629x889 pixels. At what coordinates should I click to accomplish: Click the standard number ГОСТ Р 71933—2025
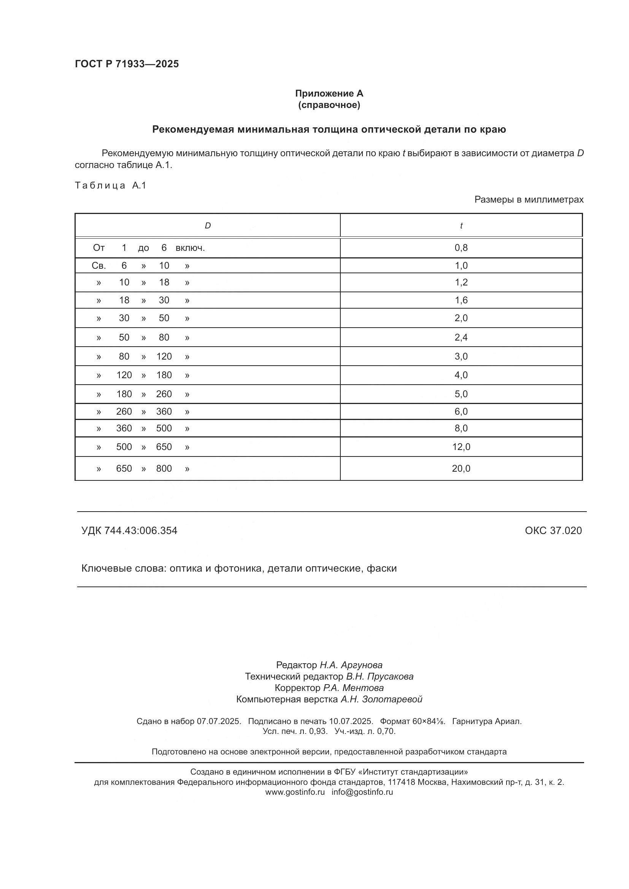(x=127, y=64)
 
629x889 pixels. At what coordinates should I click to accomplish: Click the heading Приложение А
(x=329, y=93)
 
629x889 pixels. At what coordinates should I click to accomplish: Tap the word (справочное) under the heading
(x=329, y=105)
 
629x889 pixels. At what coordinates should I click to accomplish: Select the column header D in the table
(x=208, y=225)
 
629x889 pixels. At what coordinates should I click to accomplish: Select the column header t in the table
(x=461, y=225)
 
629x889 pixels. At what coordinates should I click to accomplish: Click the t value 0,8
(x=461, y=247)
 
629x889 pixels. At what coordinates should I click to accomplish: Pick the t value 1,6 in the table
(x=461, y=300)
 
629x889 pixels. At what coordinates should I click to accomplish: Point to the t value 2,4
(x=461, y=337)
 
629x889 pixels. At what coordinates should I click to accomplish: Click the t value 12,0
(x=461, y=447)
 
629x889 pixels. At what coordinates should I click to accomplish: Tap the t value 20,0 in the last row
(x=461, y=469)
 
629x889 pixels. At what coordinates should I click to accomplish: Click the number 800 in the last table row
(x=164, y=469)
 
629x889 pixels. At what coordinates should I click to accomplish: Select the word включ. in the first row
(x=190, y=248)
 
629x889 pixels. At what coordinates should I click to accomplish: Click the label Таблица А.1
(x=110, y=185)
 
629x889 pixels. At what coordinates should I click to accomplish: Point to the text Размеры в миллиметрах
(x=529, y=200)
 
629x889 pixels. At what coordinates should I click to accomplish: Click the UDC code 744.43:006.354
(x=141, y=531)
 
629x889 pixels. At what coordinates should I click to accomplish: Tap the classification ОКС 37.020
(x=553, y=531)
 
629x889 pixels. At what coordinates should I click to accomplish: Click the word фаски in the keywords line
(x=381, y=568)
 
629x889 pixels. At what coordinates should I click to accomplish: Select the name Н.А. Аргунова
(x=351, y=665)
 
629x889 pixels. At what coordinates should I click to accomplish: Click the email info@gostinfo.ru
(x=362, y=792)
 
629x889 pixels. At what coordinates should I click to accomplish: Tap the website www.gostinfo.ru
(x=295, y=792)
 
